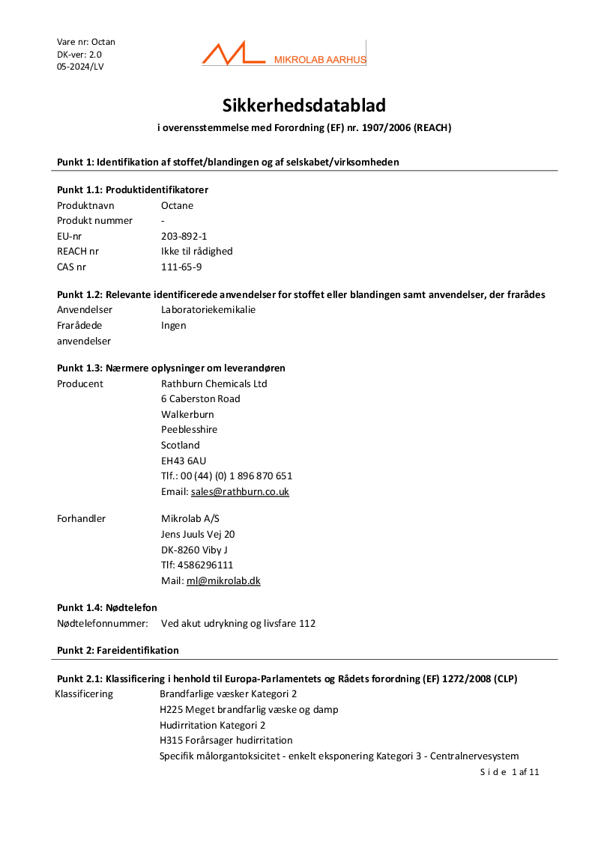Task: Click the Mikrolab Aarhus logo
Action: coord(283,54)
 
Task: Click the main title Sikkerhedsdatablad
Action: coord(303,106)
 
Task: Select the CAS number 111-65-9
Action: coord(181,267)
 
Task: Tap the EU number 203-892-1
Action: coord(184,236)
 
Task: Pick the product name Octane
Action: coord(177,205)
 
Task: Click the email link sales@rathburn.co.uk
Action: coord(240,492)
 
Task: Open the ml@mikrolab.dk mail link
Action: coord(223,580)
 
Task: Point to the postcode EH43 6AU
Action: coord(183,461)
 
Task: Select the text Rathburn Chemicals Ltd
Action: coord(214,383)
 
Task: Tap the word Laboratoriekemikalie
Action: coord(208,309)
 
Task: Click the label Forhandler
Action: coord(81,518)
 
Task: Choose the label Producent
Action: coord(80,383)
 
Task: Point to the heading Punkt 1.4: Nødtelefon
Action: coord(107,607)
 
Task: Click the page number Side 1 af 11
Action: coord(510,772)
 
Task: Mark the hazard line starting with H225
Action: coord(248,709)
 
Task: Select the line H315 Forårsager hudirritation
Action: coord(226,740)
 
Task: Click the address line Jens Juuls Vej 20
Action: coord(198,534)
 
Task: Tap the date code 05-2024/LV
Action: coord(80,67)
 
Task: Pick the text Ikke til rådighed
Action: coord(196,251)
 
